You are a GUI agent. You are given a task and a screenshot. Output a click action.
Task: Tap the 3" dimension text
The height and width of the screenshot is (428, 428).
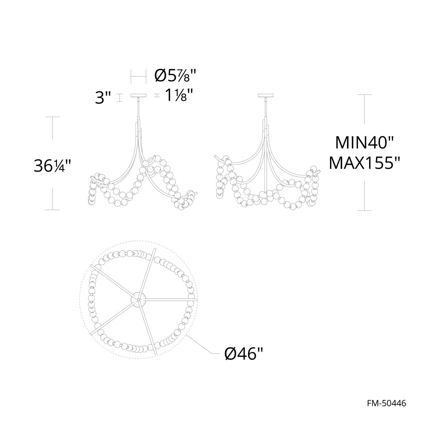pos(103,98)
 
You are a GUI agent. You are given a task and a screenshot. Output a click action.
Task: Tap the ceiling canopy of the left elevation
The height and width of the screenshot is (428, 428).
pos(138,96)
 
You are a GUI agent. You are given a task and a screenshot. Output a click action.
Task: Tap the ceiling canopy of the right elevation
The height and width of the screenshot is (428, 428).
pos(266,96)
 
